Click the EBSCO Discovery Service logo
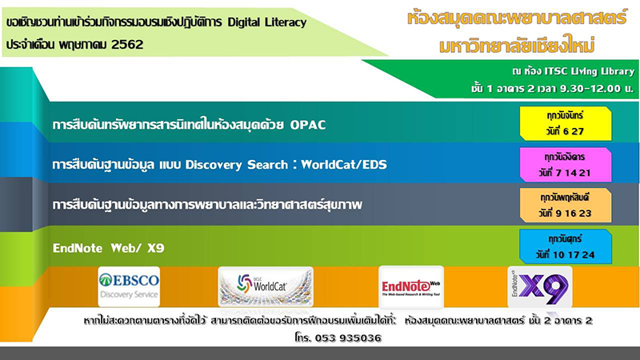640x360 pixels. coord(129,286)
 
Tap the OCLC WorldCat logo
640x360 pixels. coord(266,286)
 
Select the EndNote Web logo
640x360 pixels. coord(411,286)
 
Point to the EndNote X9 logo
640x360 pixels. coord(539,286)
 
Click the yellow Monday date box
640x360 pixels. coord(566,123)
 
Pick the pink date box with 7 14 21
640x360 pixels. coord(566,165)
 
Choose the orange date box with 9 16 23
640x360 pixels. coord(566,206)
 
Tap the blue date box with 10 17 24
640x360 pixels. coord(566,246)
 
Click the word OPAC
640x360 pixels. coord(308,125)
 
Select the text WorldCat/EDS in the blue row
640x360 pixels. coord(344,165)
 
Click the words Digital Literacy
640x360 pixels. coord(267,22)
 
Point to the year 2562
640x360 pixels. coord(127,45)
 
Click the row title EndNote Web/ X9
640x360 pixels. coord(109,248)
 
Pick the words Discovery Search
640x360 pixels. coord(237,165)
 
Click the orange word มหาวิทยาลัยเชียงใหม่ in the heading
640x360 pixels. coord(517,46)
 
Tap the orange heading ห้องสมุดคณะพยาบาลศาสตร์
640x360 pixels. coord(517,18)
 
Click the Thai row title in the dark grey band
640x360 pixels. coord(207,204)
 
